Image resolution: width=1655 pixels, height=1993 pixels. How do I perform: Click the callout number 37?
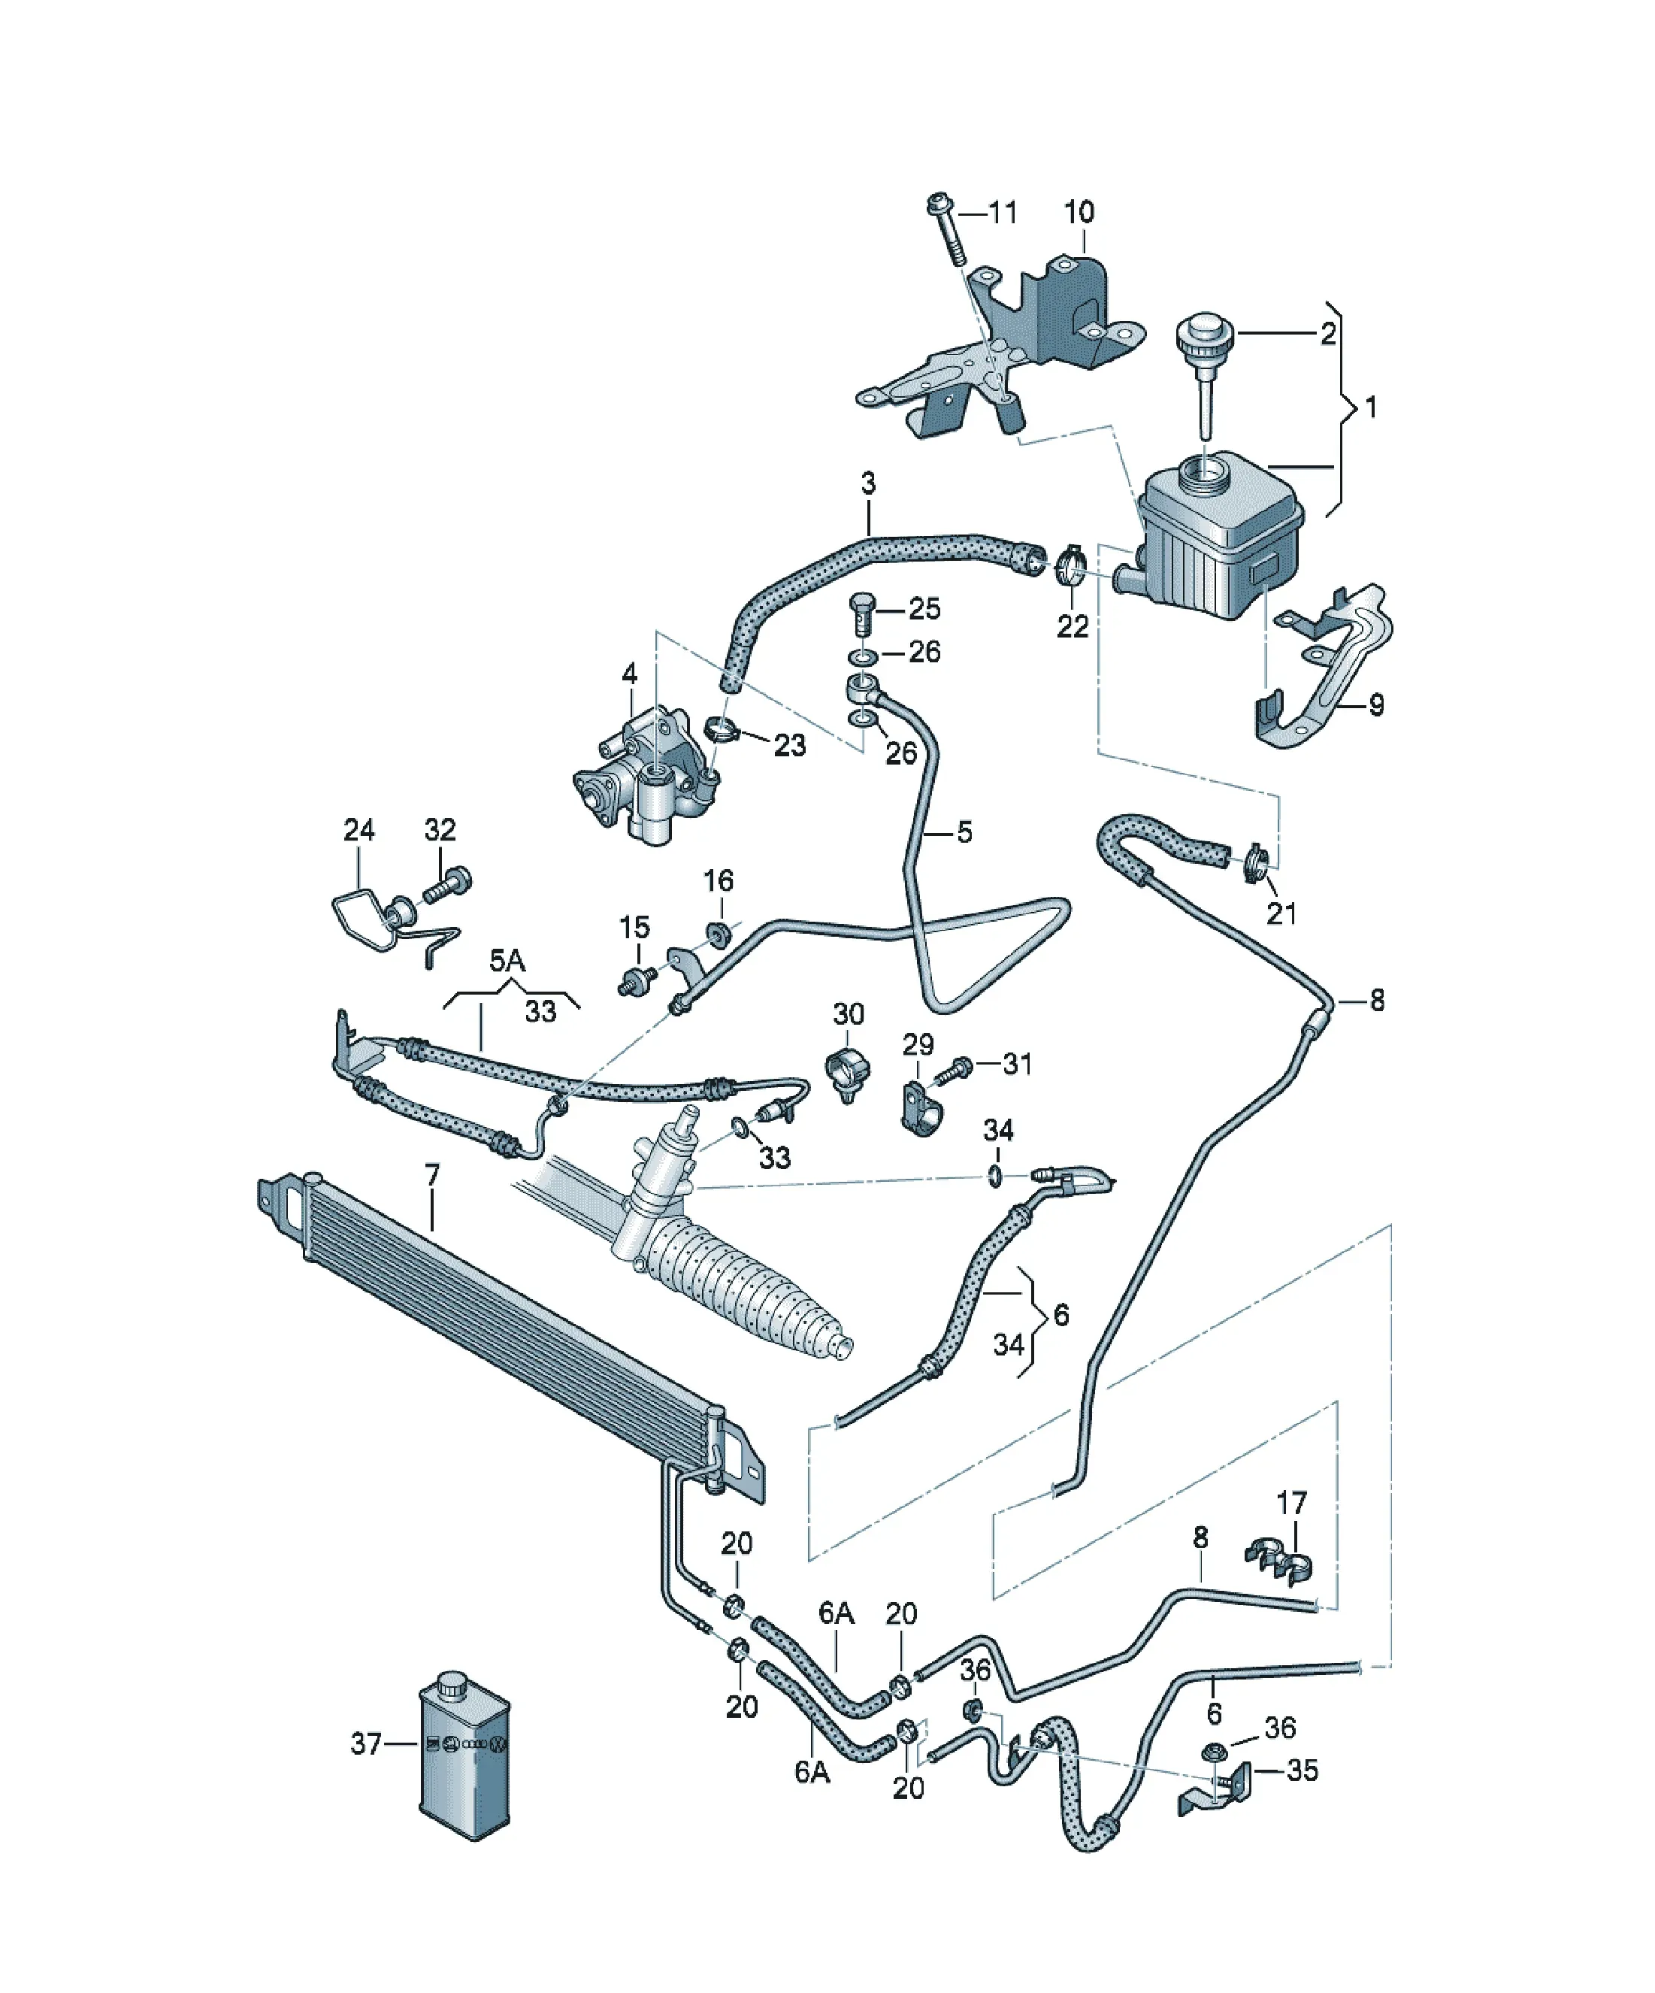[365, 1743]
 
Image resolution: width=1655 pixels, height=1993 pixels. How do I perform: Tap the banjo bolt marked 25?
[860, 616]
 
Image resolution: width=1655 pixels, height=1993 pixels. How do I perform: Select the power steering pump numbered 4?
[646, 774]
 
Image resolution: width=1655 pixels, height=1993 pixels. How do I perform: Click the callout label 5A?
[507, 961]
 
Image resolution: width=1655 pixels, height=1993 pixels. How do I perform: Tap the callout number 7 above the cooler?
[433, 1176]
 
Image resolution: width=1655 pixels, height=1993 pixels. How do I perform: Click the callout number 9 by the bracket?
[1376, 704]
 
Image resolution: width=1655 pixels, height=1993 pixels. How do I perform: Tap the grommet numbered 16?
[719, 933]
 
